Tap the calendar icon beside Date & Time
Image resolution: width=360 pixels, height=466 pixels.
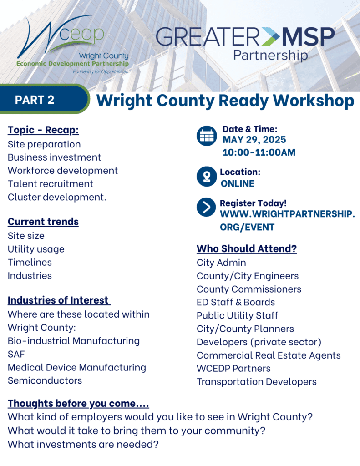pos(207,136)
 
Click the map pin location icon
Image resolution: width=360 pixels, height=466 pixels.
pos(207,176)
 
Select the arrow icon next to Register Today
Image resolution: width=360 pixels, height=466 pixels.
pos(206,207)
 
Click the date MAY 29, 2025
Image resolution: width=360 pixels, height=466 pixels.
pos(254,140)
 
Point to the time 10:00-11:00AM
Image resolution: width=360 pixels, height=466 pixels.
pos(259,152)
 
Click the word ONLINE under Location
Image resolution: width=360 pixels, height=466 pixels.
pos(237,184)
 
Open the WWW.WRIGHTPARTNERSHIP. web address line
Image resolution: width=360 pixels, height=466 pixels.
pos(287,214)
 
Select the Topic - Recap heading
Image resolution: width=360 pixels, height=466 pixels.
pos(43,130)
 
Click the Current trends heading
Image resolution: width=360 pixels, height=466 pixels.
pos(43,222)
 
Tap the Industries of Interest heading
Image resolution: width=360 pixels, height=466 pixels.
pos(59,300)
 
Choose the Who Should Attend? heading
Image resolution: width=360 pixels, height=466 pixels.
pos(247,249)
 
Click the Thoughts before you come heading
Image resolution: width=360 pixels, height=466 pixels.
pos(78,404)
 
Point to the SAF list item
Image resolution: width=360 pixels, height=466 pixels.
pos(16,354)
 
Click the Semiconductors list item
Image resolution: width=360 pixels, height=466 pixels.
pos(45,381)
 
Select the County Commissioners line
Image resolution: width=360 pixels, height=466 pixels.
pos(249,289)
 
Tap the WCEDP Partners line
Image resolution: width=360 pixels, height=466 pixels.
pos(233,369)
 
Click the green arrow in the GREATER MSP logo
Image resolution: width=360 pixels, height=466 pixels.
pos(270,37)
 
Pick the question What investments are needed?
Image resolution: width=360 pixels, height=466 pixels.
pos(83,445)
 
